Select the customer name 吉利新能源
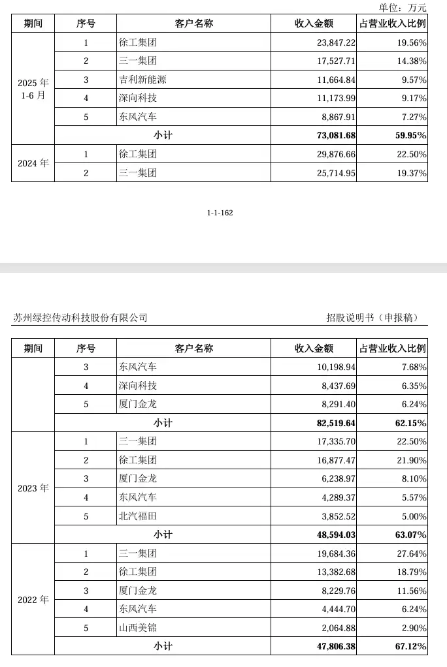tap(142, 80)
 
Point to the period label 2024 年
tap(33, 163)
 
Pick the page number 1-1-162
tap(220, 213)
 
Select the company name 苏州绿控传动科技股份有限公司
tap(80, 318)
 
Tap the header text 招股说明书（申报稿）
tap(372, 318)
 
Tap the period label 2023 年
tap(33, 488)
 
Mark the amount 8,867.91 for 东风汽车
tap(337, 117)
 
